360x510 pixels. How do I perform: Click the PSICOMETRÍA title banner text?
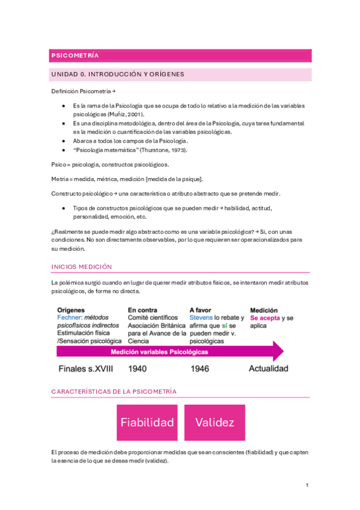(75, 55)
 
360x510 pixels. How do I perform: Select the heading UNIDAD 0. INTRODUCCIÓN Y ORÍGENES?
(117, 75)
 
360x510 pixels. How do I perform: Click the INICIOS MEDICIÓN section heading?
(82, 266)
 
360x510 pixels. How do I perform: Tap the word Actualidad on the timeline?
(268, 369)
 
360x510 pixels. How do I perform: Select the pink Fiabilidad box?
(147, 422)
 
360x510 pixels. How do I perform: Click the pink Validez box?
(215, 422)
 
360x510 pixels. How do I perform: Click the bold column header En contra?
(143, 310)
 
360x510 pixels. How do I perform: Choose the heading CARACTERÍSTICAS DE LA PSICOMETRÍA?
(114, 392)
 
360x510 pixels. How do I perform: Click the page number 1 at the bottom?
(307, 485)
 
